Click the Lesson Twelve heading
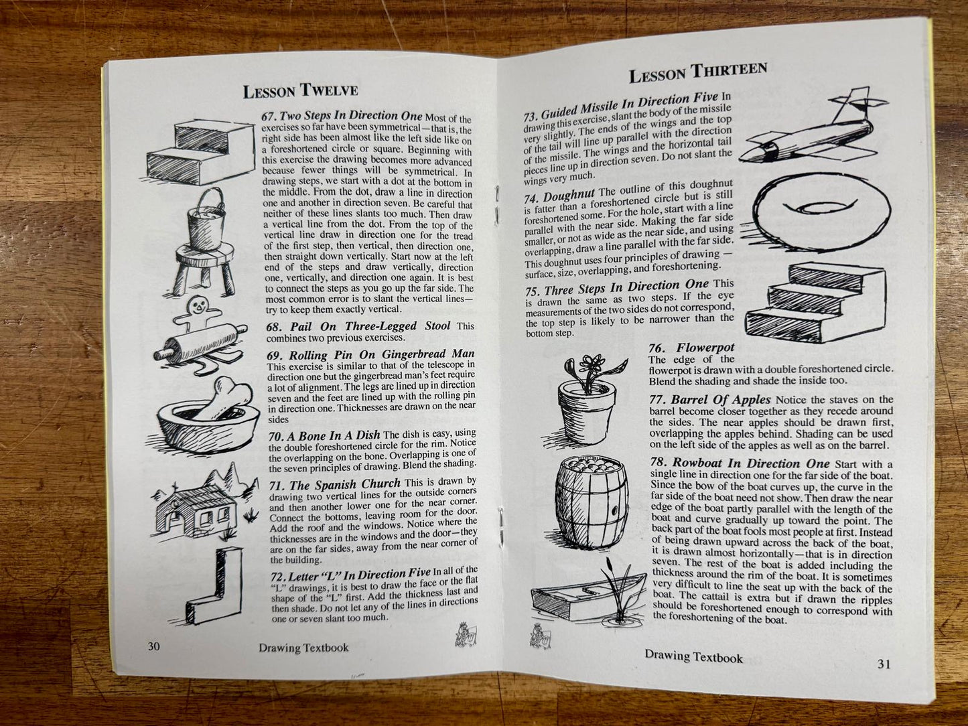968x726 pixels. point(301,91)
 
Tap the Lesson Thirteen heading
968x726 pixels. point(698,73)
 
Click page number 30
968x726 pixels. point(153,646)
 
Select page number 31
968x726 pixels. point(884,664)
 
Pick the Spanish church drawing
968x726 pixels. point(204,506)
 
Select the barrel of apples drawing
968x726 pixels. point(590,502)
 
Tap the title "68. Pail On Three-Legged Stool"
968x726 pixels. point(358,327)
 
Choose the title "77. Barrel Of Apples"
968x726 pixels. point(709,400)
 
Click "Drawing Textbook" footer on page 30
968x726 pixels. point(303,648)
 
